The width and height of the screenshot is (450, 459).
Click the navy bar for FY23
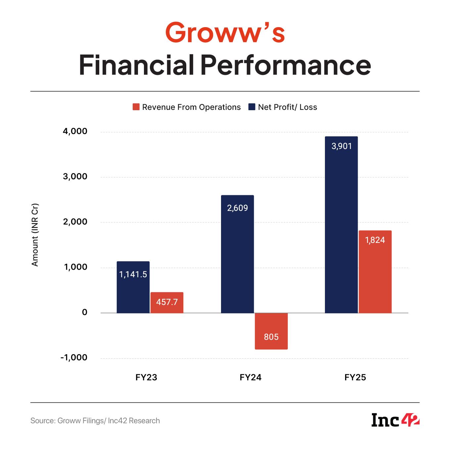point(133,287)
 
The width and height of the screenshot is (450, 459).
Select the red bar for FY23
point(167,302)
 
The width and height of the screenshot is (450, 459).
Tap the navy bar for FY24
point(237,254)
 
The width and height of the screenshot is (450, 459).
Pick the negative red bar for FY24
point(271,331)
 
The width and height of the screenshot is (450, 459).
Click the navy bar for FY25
point(341,225)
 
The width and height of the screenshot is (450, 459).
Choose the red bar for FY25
point(375,272)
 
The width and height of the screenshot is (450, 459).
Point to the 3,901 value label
point(341,146)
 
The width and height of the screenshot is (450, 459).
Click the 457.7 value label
point(167,302)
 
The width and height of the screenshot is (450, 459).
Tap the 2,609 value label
point(237,208)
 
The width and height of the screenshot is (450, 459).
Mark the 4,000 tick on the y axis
point(75,131)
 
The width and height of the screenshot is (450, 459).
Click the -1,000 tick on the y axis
point(74,357)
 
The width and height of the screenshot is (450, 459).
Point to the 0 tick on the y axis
point(84,312)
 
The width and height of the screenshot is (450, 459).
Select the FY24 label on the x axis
point(250,377)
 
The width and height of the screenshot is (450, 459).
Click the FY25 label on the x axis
point(355,377)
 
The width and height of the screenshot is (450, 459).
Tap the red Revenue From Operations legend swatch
point(136,107)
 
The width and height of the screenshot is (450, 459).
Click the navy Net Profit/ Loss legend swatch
point(252,107)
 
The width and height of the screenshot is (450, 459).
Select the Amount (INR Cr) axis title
point(35,235)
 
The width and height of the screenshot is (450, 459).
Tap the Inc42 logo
point(395,420)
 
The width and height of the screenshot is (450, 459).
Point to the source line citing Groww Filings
point(95,421)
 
